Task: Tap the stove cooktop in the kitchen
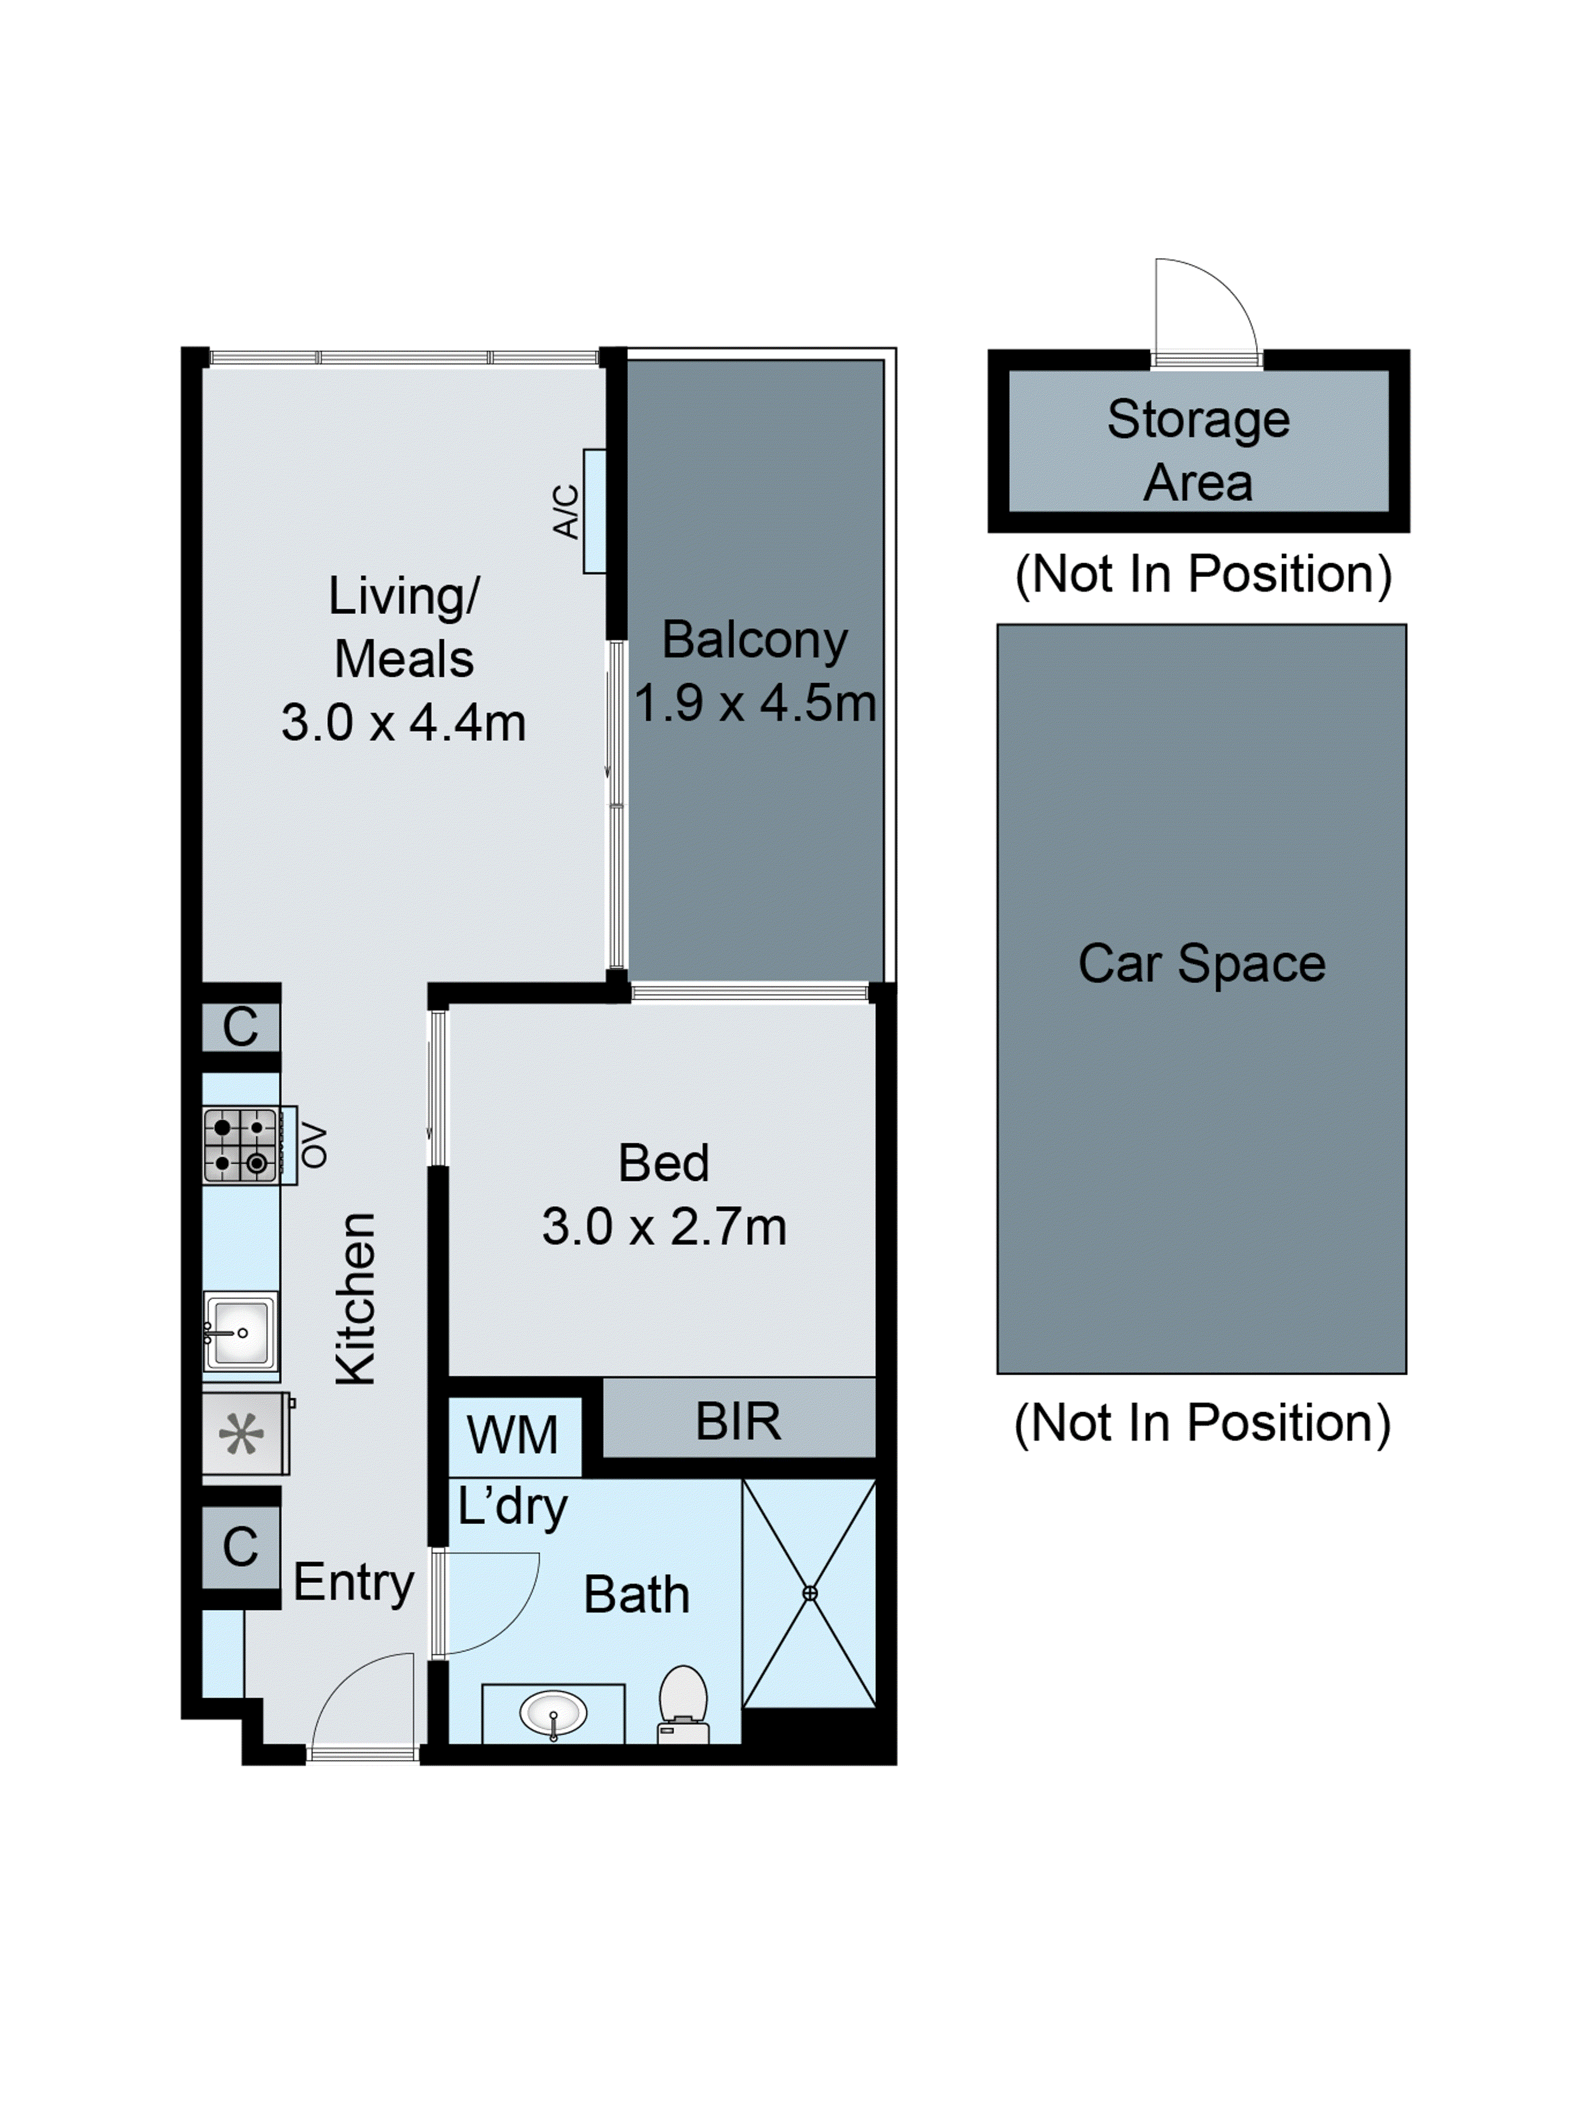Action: (x=240, y=1145)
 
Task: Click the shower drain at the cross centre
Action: (x=809, y=1593)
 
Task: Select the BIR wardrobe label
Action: (x=738, y=1422)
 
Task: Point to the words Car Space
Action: (x=1201, y=964)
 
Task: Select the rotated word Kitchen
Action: (x=356, y=1299)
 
